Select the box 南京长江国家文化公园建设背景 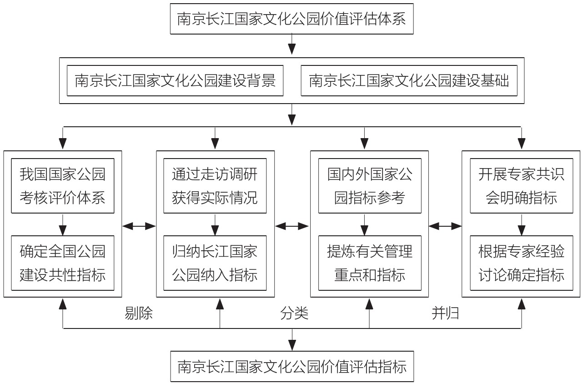click(175, 81)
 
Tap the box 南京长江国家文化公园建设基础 click(409, 81)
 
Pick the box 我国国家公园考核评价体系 click(62, 185)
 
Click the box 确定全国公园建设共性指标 click(62, 263)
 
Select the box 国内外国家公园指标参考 click(369, 185)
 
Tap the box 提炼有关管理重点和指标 click(369, 263)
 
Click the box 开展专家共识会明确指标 click(521, 185)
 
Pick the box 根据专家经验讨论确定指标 click(521, 263)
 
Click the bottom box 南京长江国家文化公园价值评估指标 click(291, 366)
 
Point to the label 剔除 click(139, 313)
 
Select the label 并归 click(445, 313)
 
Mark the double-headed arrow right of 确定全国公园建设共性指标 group click(139, 225)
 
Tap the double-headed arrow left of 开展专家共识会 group click(445, 225)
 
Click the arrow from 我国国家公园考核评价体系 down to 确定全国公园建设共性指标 click(63, 224)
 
